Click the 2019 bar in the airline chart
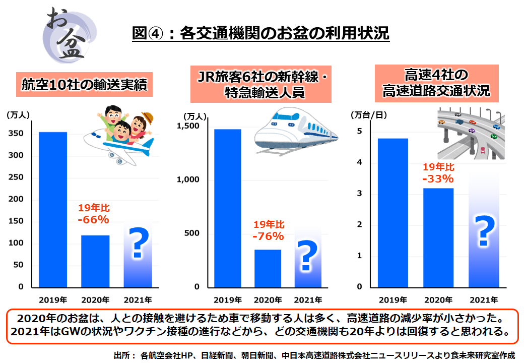point(53,209)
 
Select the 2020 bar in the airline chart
point(95,261)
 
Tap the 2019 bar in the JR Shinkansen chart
point(227,208)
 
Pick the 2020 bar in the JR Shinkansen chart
point(268,268)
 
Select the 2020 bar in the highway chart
point(438,237)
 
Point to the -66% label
point(94,219)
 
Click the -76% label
point(268,236)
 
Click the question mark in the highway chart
point(483,231)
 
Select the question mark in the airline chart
point(138,244)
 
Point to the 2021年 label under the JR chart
point(308,299)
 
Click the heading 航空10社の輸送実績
point(84,85)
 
